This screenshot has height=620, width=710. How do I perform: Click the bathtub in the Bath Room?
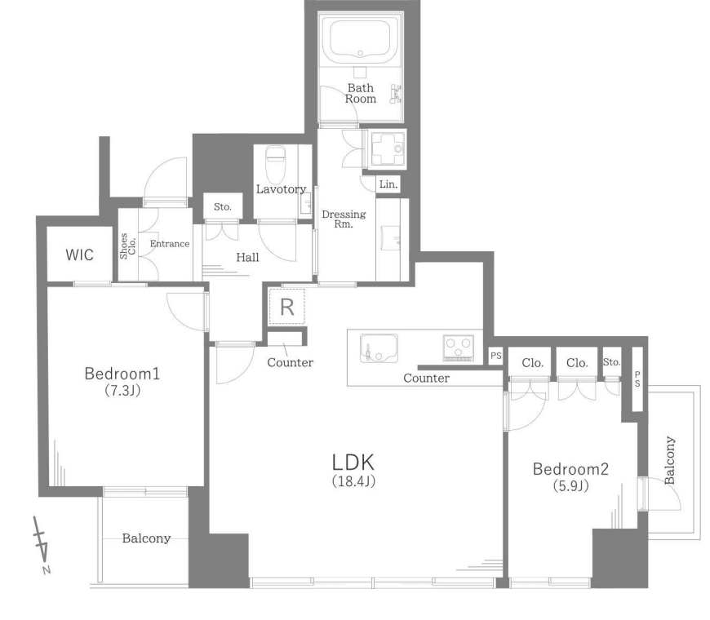click(361, 41)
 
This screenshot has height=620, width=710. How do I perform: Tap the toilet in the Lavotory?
click(274, 163)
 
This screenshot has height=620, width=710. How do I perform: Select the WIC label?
click(80, 255)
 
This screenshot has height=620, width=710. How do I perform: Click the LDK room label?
click(353, 463)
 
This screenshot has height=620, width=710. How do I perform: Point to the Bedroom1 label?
click(122, 374)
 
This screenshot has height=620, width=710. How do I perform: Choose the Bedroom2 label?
click(570, 469)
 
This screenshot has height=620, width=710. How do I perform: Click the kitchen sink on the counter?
click(379, 348)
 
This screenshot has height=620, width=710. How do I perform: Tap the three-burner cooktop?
click(459, 348)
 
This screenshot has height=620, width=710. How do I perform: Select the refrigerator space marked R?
click(287, 307)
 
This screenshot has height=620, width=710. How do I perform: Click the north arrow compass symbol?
click(42, 545)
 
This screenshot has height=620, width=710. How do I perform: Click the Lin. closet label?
click(388, 184)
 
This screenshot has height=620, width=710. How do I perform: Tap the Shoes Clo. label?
click(127, 246)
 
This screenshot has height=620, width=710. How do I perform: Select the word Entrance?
click(170, 243)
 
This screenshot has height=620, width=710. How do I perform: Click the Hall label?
click(248, 258)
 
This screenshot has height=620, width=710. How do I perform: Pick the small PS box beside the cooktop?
click(496, 356)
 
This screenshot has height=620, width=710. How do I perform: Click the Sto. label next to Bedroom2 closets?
click(612, 362)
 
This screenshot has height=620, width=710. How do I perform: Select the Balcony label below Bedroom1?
click(146, 538)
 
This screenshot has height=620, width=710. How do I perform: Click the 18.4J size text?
click(353, 480)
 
